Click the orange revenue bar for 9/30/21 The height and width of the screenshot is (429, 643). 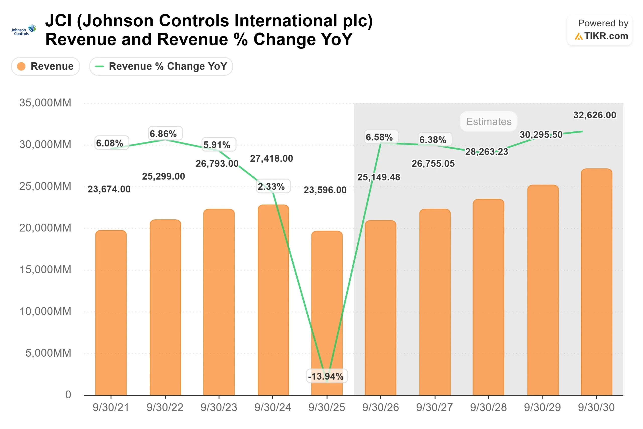(111, 312)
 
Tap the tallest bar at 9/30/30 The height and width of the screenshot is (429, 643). (596, 282)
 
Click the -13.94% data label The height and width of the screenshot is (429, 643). (327, 376)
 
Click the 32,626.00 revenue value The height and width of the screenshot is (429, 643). (595, 115)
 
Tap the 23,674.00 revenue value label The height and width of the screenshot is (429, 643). (109, 189)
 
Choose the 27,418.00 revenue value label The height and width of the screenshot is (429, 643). (271, 158)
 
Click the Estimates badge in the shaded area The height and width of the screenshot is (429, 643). (489, 121)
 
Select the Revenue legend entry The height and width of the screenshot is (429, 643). (45, 66)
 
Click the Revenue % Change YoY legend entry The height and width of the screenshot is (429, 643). (161, 66)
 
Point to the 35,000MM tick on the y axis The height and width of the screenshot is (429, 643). (45, 103)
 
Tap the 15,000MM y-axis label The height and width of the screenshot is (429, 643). (45, 269)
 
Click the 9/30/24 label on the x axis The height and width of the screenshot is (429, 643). (273, 407)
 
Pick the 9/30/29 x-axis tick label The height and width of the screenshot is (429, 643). (542, 407)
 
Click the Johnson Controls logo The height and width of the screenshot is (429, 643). (24, 30)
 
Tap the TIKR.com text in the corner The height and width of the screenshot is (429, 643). (606, 36)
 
